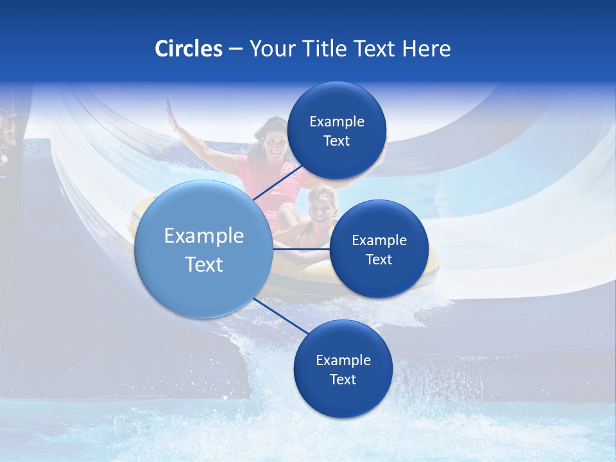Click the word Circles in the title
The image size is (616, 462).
(x=188, y=49)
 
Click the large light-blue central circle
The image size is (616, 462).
(x=203, y=249)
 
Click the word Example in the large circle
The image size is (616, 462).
(x=204, y=236)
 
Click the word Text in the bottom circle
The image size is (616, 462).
(x=343, y=379)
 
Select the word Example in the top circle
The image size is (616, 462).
(x=336, y=121)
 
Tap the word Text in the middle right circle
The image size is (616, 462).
(x=379, y=259)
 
